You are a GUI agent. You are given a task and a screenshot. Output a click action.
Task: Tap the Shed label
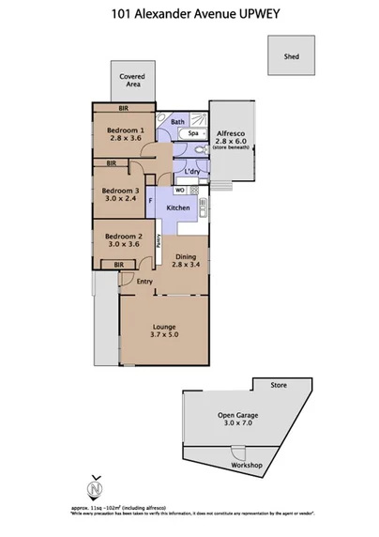point(291,56)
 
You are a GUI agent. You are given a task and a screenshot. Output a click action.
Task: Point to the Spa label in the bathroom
point(193,133)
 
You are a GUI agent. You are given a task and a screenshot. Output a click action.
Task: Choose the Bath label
point(178,122)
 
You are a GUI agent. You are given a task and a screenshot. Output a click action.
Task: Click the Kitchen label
point(178,207)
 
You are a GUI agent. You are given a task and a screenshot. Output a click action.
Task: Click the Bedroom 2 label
point(122,236)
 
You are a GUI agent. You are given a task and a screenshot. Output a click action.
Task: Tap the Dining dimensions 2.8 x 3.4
point(186,266)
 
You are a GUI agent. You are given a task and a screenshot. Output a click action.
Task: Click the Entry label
point(144,282)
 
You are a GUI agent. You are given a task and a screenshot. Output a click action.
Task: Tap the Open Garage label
point(237,417)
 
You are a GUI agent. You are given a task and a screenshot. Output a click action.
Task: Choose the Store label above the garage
point(278,385)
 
